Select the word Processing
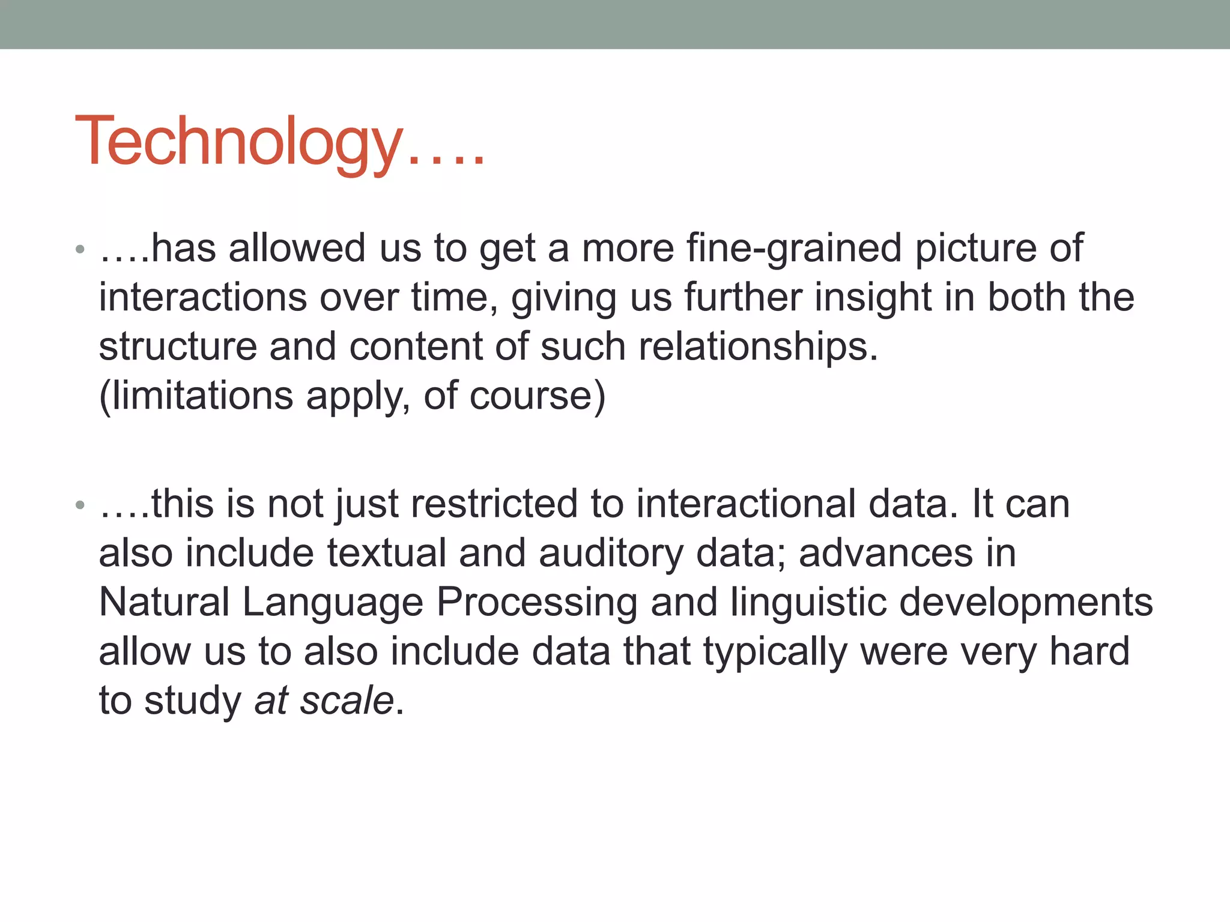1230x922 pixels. click(537, 602)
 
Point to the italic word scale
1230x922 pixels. click(347, 701)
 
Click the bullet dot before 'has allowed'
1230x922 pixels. click(80, 249)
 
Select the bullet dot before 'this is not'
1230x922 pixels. click(80, 505)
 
